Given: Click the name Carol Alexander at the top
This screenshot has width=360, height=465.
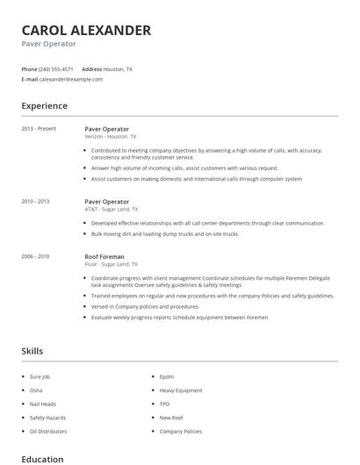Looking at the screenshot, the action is [86, 30].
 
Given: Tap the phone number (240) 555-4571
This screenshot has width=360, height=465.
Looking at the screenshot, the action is [57, 68].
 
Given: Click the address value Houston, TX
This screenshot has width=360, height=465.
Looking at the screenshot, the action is [119, 68].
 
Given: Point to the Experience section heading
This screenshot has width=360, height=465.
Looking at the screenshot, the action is [45, 106].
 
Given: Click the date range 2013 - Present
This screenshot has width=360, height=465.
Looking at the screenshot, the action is [39, 128].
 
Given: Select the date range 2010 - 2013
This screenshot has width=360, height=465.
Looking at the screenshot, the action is [36, 201].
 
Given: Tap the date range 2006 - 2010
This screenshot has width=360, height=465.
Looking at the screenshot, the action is [36, 256].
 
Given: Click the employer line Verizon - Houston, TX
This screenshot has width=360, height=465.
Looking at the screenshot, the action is [111, 137].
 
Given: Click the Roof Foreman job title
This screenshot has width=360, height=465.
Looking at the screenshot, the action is [105, 256].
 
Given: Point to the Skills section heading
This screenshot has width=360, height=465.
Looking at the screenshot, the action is [32, 351].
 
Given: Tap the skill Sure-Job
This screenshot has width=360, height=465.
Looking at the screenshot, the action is [41, 376].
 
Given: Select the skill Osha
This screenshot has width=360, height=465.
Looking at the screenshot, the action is [36, 390].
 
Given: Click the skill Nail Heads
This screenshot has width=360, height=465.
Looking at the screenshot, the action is [42, 404].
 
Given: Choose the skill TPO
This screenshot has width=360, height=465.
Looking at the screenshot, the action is [164, 404].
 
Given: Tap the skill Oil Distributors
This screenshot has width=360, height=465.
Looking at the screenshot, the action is [47, 432].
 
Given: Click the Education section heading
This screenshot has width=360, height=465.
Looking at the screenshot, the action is [42, 458].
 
